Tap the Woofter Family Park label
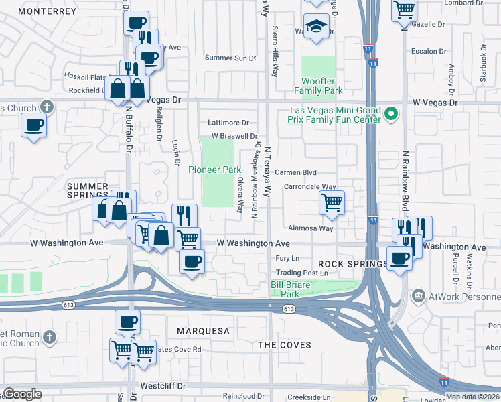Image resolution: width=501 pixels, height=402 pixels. click(318, 86)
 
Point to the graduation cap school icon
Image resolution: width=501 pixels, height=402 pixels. click(315, 27)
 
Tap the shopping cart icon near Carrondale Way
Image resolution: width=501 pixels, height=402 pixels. click(332, 203)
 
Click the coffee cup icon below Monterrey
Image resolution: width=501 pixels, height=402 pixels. click(34, 125)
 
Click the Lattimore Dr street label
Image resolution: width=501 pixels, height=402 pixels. click(228, 123)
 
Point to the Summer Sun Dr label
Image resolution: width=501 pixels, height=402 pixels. click(230, 58)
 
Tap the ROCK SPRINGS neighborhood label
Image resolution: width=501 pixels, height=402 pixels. click(352, 264)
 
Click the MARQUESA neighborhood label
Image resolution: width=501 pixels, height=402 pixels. click(202, 331)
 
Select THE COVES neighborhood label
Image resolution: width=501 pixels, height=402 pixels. click(285, 345)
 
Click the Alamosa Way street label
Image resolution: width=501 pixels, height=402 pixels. click(310, 228)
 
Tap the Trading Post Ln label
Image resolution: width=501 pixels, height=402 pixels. click(303, 273)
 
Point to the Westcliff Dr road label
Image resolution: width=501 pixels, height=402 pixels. click(162, 387)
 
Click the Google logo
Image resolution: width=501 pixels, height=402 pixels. click(22, 394)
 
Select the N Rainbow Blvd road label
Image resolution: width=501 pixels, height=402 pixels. click(405, 177)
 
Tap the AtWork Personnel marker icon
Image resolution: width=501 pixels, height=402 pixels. click(418, 295)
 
